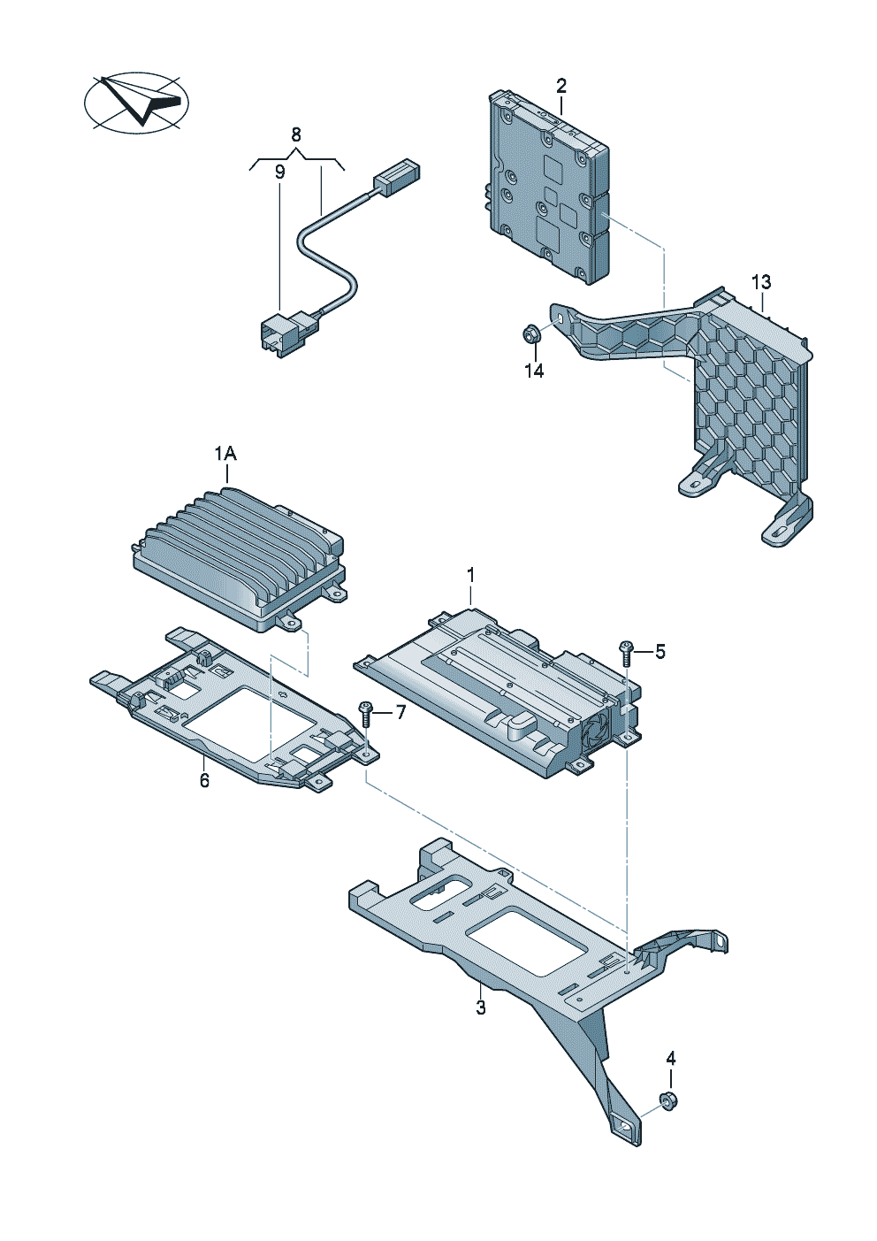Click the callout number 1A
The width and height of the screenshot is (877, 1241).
(225, 454)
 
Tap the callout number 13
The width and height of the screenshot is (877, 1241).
(761, 282)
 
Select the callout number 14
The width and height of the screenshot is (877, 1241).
(534, 371)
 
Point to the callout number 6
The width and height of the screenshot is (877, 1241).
(204, 780)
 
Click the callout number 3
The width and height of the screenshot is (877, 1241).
(481, 1007)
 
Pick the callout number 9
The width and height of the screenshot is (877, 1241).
(279, 172)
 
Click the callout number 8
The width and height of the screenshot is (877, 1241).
(296, 134)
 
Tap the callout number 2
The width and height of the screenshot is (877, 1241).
(561, 87)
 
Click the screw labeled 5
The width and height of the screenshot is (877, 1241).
(627, 653)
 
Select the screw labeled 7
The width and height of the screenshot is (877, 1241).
(365, 712)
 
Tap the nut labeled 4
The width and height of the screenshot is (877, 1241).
(668, 1100)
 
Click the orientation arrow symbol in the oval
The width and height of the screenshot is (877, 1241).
(137, 103)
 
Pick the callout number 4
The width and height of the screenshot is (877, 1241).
(670, 1058)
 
